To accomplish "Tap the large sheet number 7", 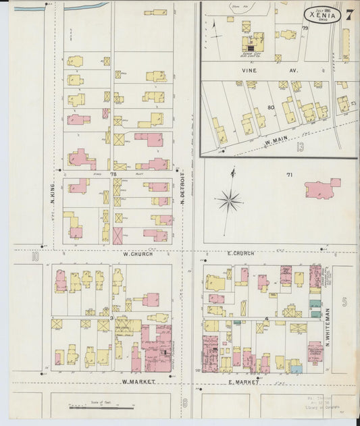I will (349, 15).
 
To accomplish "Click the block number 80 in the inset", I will (271, 107).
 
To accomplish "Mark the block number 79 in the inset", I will (305, 28).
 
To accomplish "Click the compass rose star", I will (230, 200).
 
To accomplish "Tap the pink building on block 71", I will (322, 188).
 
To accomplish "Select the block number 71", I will (289, 176).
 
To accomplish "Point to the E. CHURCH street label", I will (240, 254).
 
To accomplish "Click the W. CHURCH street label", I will (137, 254).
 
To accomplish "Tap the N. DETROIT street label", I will (182, 190).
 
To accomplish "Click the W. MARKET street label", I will (138, 381).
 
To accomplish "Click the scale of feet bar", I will (101, 408).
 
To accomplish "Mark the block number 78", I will (114, 174).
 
